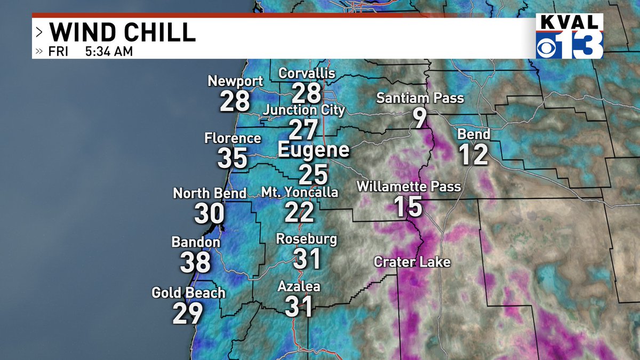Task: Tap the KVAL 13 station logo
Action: pyautogui.click(x=569, y=36)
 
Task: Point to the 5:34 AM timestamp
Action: pyautogui.click(x=109, y=52)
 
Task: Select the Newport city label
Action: pyautogui.click(x=235, y=82)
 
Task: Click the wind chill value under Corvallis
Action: pyautogui.click(x=307, y=93)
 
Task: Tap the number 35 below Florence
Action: pyautogui.click(x=233, y=158)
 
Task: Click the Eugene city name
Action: pyautogui.click(x=314, y=150)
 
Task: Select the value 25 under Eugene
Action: pyautogui.click(x=313, y=174)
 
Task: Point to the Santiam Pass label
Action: pyautogui.click(x=420, y=98)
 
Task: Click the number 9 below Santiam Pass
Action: pyautogui.click(x=420, y=118)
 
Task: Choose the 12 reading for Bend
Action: pyautogui.click(x=474, y=155)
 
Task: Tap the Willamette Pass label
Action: pyautogui.click(x=409, y=187)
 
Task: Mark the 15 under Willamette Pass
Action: pyautogui.click(x=409, y=207)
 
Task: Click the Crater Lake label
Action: pyautogui.click(x=412, y=262)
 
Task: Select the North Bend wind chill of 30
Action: pyautogui.click(x=209, y=214)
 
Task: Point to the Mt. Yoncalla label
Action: pyautogui.click(x=299, y=192)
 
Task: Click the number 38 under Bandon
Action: pyautogui.click(x=195, y=262)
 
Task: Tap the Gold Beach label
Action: pyautogui.click(x=188, y=293)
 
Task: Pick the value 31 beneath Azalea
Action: pyautogui.click(x=299, y=307)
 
